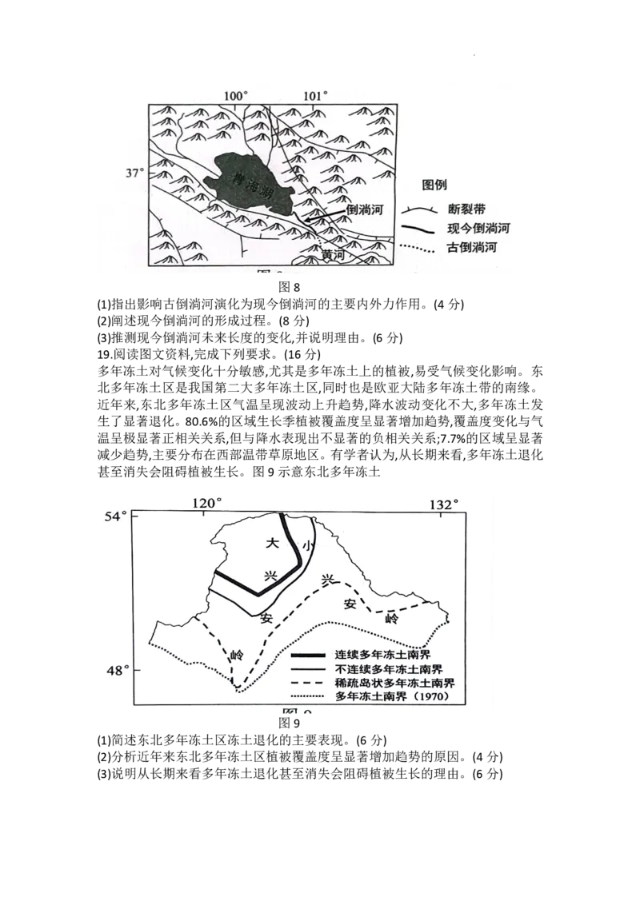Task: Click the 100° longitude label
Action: (x=236, y=96)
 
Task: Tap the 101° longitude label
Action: (x=315, y=96)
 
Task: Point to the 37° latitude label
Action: (x=136, y=172)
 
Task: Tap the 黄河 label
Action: (x=332, y=254)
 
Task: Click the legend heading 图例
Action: (x=434, y=185)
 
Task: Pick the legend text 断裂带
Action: (x=468, y=210)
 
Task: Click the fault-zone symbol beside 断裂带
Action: (x=418, y=210)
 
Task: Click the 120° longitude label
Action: (x=206, y=504)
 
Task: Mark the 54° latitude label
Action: (x=118, y=516)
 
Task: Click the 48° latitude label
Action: (x=118, y=670)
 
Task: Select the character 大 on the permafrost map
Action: (x=271, y=543)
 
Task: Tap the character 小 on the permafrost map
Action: (x=307, y=545)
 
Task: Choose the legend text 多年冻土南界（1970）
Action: (x=390, y=698)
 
